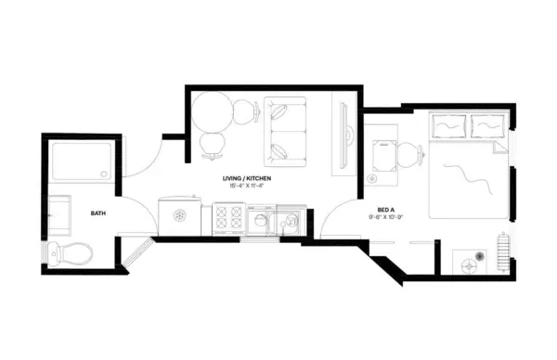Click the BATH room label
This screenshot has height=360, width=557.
[97, 213]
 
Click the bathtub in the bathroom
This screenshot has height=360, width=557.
[82, 161]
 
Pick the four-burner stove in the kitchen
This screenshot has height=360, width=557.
[228, 220]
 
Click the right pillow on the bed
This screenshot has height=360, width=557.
[486, 125]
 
